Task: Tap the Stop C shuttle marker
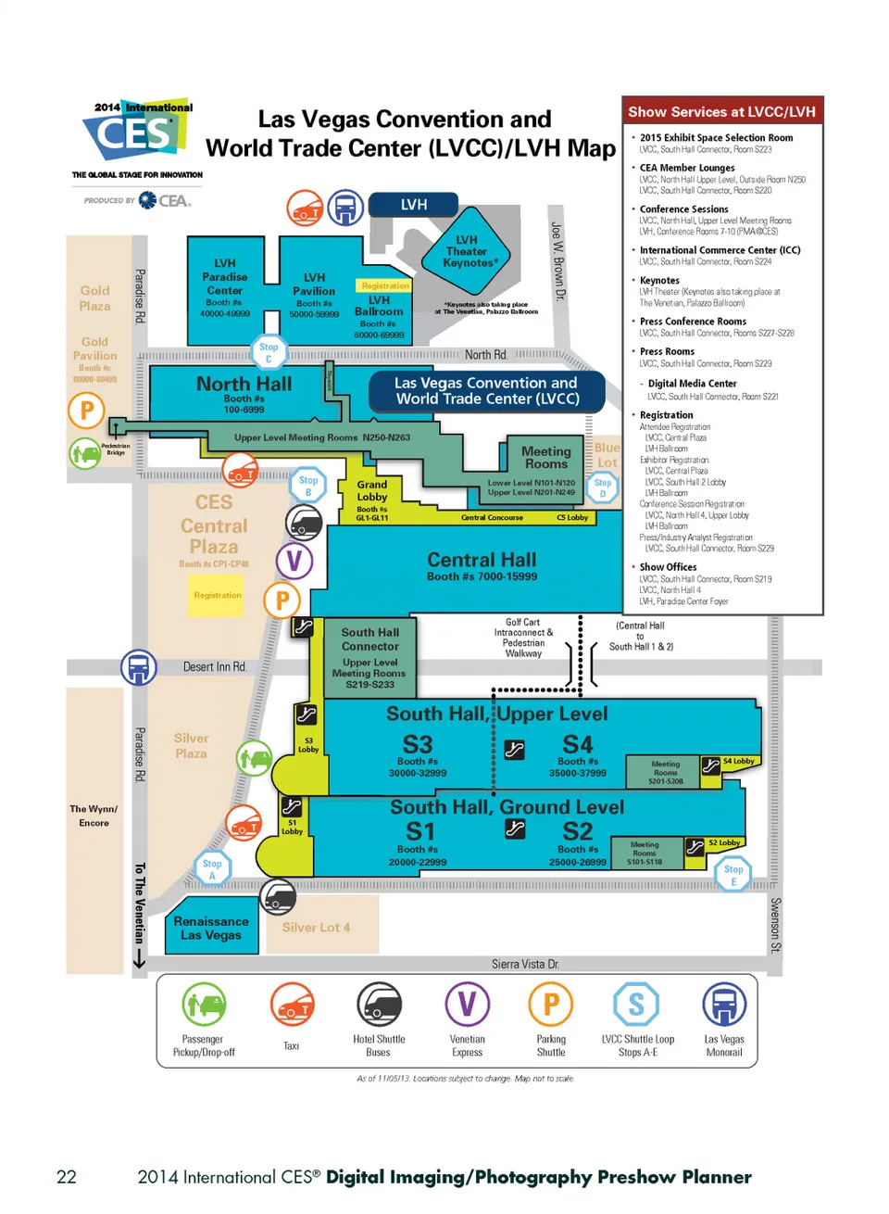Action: tap(269, 352)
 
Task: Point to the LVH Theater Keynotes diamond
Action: tap(467, 251)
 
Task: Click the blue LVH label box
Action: tap(414, 205)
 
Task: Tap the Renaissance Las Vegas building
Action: tap(211, 928)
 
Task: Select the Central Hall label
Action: tap(482, 561)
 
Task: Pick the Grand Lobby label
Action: tap(371, 491)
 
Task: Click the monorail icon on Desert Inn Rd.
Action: tap(139, 667)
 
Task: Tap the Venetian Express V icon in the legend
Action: tap(467, 1004)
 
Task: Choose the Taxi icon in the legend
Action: tap(292, 1005)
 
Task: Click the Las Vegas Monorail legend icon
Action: tap(724, 1005)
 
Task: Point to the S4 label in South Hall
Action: tap(578, 744)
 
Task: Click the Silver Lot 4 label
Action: tap(316, 928)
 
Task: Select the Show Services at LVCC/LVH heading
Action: tap(721, 112)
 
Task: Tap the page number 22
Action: tap(67, 1177)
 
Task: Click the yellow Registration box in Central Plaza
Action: tap(218, 595)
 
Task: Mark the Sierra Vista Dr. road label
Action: tap(525, 965)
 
